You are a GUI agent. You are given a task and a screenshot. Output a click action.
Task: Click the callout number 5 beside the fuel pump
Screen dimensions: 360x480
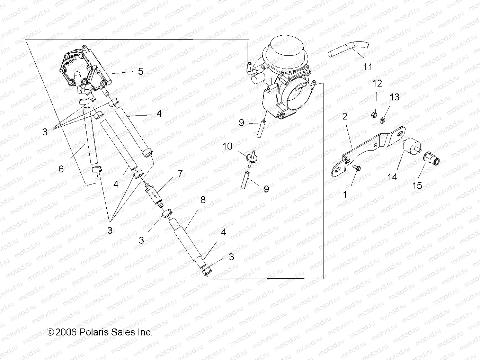[x=140, y=71]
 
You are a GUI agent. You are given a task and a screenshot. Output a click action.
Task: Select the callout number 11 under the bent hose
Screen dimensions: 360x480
[x=367, y=66]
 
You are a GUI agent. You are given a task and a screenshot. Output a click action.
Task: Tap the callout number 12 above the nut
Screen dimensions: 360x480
[x=377, y=83]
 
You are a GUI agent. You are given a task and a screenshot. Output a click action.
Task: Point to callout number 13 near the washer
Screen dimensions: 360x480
[x=394, y=97]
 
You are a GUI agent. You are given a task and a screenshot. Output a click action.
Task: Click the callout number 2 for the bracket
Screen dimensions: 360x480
[x=345, y=116]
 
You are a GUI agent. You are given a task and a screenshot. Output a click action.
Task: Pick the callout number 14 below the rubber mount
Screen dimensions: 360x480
[x=392, y=177]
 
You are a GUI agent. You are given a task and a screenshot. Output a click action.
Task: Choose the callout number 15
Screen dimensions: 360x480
[x=417, y=186]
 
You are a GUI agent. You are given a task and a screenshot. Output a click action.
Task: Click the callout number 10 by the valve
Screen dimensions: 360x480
[x=227, y=146]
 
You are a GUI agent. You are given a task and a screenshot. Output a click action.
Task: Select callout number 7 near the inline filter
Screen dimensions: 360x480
[x=180, y=173]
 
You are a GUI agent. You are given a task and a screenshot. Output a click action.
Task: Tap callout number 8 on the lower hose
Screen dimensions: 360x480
[x=203, y=200]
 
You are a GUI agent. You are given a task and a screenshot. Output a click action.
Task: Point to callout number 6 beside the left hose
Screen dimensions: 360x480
[x=61, y=169]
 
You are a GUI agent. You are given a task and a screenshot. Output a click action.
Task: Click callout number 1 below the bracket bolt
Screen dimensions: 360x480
[x=345, y=195]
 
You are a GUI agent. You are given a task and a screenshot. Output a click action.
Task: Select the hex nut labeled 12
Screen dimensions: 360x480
[x=374, y=114]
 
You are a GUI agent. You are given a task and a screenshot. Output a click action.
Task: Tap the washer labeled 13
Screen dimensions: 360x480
[x=383, y=120]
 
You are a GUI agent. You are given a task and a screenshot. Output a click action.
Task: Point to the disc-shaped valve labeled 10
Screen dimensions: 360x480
[x=249, y=157]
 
